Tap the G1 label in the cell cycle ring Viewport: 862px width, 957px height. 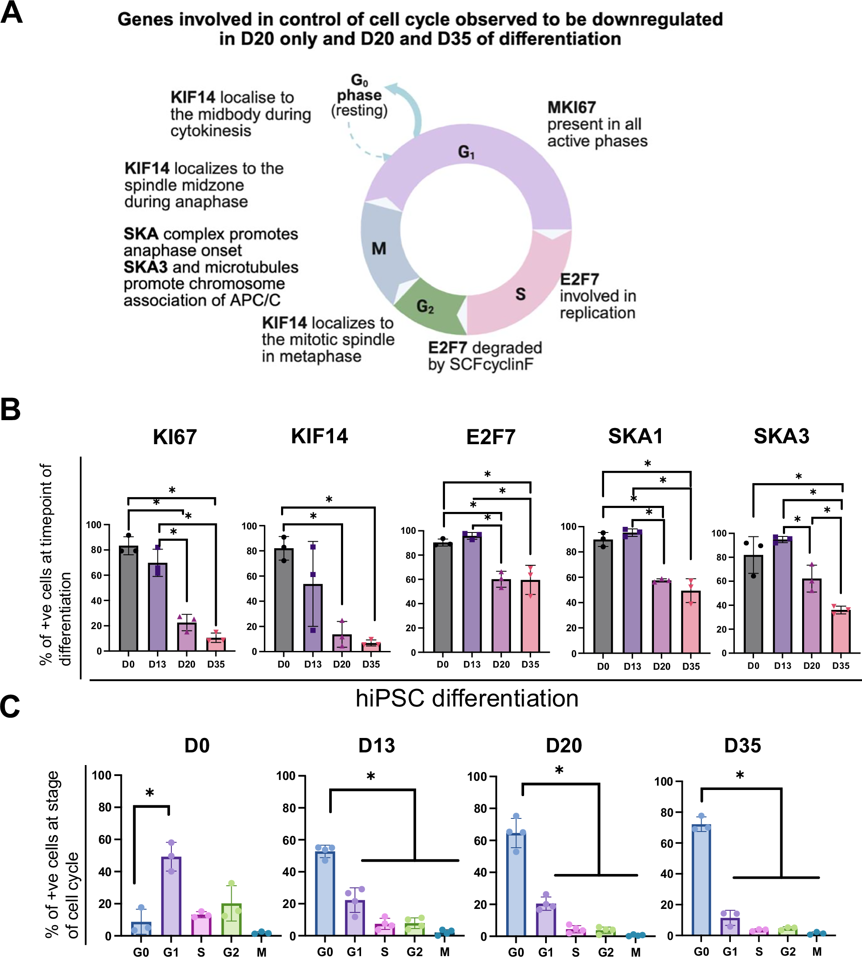point(466,152)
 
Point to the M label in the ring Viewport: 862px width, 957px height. point(379,248)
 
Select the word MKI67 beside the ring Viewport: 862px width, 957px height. point(571,108)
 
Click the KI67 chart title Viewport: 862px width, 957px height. point(174,436)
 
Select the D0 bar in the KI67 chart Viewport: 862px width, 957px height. point(129,599)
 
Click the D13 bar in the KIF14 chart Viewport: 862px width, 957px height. point(313,618)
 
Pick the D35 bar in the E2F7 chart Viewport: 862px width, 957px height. point(531,616)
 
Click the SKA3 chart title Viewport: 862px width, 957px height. point(782,436)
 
